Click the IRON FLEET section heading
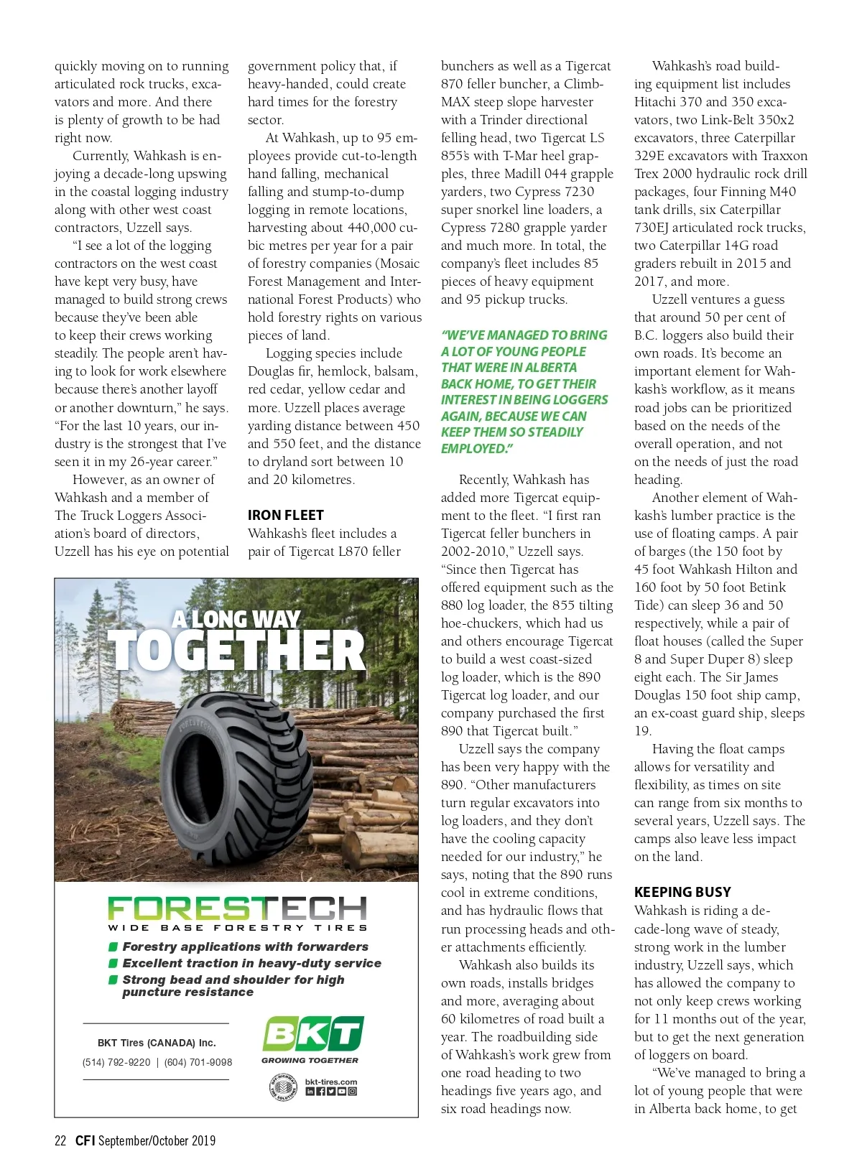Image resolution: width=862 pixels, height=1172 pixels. (x=285, y=515)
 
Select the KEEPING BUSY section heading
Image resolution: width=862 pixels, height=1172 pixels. (x=682, y=892)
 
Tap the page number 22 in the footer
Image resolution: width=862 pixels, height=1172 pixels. (x=60, y=1140)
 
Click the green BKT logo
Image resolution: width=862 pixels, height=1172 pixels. (x=312, y=1033)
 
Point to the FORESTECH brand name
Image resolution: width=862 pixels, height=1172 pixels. (x=237, y=908)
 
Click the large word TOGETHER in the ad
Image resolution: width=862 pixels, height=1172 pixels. (x=237, y=651)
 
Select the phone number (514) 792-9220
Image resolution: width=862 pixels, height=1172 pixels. (x=116, y=1062)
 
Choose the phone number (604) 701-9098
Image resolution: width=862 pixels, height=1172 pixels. (x=198, y=1062)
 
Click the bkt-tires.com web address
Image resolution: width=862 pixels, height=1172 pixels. (x=330, y=1082)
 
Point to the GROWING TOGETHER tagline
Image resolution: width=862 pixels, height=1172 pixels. (x=310, y=1060)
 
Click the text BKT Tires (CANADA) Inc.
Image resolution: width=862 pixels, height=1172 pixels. (x=157, y=1043)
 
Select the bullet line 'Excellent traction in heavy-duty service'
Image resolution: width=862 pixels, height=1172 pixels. (x=251, y=963)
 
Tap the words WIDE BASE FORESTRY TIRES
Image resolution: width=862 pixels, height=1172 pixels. (x=237, y=928)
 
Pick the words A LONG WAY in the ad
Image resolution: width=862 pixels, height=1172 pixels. (x=236, y=619)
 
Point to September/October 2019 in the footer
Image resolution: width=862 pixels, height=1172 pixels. (x=157, y=1140)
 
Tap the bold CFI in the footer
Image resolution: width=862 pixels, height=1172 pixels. (x=85, y=1140)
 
